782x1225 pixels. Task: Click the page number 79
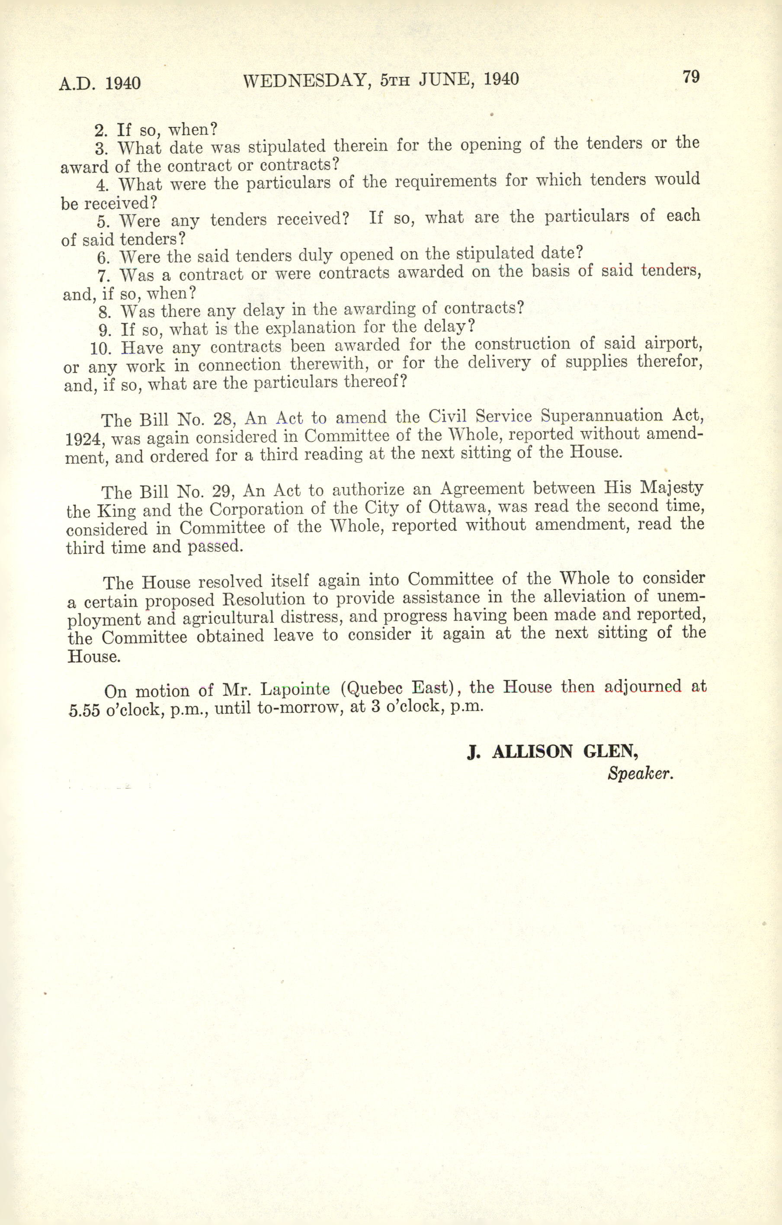pyautogui.click(x=691, y=77)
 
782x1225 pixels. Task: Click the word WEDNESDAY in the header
pyautogui.click(x=304, y=80)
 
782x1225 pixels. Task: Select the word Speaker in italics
pyautogui.click(x=640, y=774)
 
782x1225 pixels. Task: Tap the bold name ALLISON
pyautogui.click(x=532, y=752)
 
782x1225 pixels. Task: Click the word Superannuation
pyautogui.click(x=602, y=416)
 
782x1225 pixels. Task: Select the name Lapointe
pyautogui.click(x=295, y=689)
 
